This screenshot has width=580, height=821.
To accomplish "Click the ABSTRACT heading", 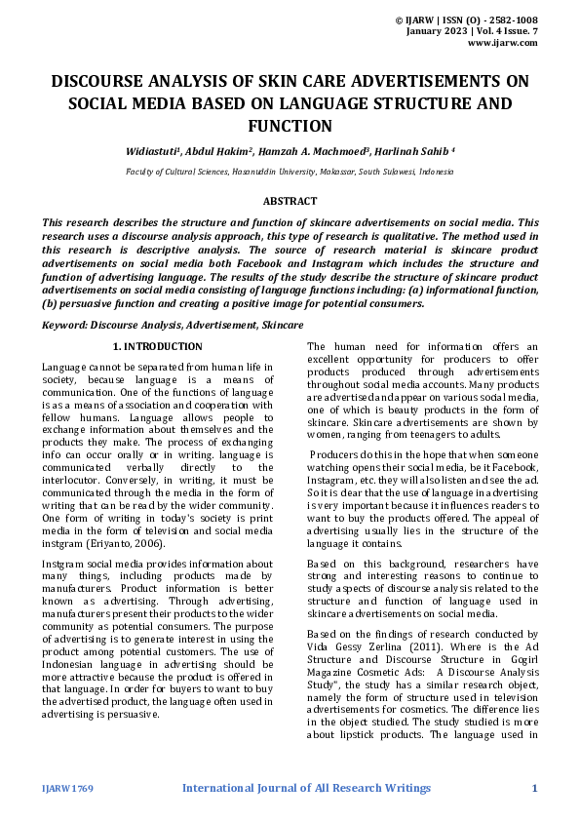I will click(290, 201).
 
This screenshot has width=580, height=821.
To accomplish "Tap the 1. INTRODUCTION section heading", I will click(157, 346).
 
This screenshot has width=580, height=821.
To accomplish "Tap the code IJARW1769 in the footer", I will click(67, 788).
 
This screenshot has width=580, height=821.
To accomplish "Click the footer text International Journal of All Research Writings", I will click(306, 788).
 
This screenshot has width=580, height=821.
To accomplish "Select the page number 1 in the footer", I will click(534, 788).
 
